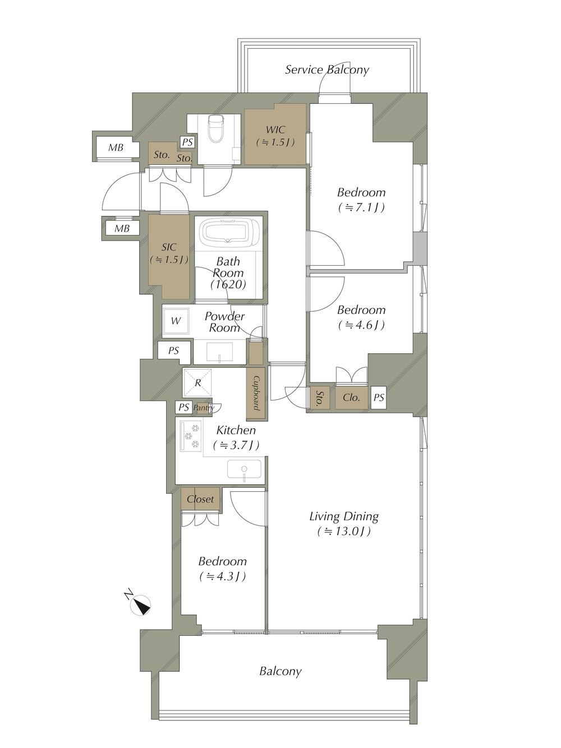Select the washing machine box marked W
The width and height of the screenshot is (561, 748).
coord(176,321)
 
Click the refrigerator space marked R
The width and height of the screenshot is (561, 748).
coord(197,382)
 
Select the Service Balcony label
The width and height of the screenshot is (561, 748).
coord(327,70)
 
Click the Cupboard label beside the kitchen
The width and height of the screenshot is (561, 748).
coord(256,393)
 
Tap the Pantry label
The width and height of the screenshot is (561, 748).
coord(204,408)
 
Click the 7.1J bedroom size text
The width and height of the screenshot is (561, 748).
coord(361,207)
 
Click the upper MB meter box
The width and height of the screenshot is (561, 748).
coord(116,148)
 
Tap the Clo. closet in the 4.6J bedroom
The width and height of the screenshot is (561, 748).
coord(351,398)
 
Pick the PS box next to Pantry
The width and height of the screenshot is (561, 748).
coord(184,408)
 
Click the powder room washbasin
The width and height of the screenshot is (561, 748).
coord(220,352)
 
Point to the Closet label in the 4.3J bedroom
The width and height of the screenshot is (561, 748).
coord(200,499)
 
